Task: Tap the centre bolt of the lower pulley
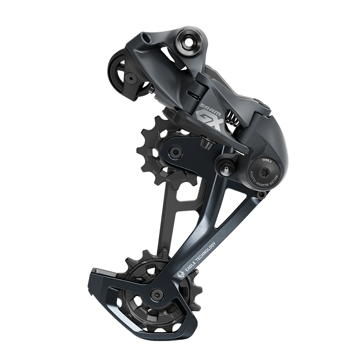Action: point(155,296)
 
